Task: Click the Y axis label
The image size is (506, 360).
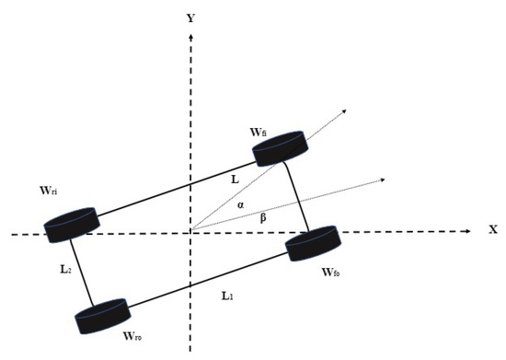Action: (190, 17)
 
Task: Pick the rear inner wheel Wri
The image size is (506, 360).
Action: (71, 224)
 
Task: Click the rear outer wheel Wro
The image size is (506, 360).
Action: (103, 317)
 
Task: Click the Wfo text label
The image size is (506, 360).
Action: (333, 273)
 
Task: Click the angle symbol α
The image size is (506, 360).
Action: (241, 204)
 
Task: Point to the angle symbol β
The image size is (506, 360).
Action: (263, 217)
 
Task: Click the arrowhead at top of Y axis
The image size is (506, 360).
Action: (190, 36)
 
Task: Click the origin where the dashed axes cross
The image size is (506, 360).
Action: (190, 231)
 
